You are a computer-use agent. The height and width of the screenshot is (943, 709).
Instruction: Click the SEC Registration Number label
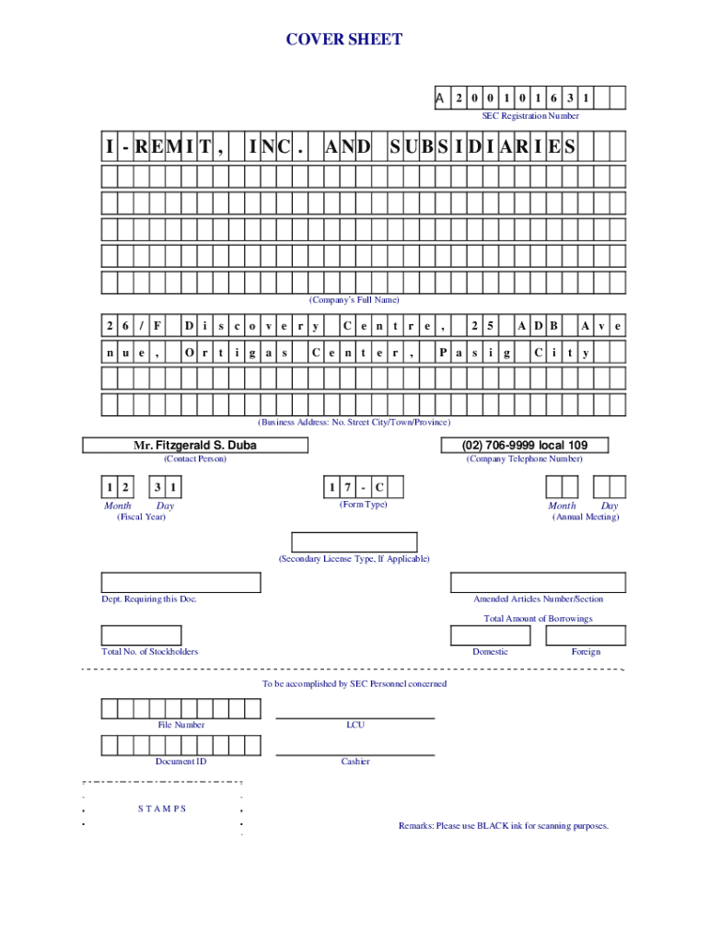tap(530, 116)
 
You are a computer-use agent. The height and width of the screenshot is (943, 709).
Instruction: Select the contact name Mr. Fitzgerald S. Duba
tap(195, 446)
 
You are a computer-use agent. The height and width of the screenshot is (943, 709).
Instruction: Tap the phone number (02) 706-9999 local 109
tap(526, 446)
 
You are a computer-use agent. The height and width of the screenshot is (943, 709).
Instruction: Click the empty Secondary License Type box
tap(354, 542)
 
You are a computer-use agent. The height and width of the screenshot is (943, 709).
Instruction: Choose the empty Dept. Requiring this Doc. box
tap(181, 582)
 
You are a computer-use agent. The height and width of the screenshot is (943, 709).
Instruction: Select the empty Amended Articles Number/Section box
tap(538, 582)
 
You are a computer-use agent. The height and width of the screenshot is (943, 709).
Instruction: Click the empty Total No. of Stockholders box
tap(141, 635)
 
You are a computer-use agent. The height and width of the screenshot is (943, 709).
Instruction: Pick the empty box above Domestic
tap(490, 635)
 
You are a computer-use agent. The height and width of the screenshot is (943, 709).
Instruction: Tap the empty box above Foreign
tap(586, 635)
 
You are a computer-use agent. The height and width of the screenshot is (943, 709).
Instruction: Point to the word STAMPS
tap(162, 809)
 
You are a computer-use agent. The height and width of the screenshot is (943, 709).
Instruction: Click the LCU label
tap(355, 725)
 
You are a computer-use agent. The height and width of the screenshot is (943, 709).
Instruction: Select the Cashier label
tap(355, 762)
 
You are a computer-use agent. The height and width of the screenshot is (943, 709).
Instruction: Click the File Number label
tap(181, 725)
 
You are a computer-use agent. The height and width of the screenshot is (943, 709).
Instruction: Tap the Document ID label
tap(181, 762)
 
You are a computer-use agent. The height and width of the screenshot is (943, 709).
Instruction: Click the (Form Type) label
tap(364, 505)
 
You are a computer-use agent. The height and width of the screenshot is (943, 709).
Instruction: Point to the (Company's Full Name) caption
tap(354, 300)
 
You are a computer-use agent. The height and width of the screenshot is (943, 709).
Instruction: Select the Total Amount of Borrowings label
tap(538, 619)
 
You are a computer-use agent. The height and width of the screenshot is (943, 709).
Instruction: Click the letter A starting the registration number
tap(440, 98)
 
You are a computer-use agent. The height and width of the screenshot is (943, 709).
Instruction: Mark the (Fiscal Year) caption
tap(135, 517)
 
